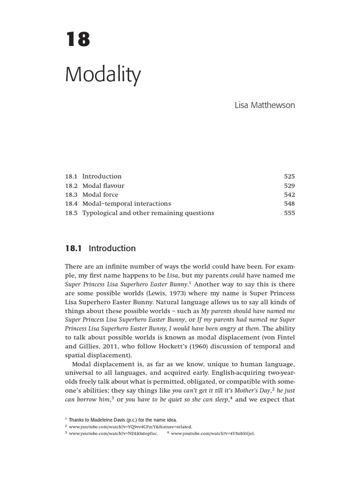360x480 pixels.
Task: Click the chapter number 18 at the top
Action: click(77, 40)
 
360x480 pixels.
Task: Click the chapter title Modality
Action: click(103, 75)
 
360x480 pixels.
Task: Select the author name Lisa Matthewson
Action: click(265, 105)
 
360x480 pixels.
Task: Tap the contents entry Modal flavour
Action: click(103, 186)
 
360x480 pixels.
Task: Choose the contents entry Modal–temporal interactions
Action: click(127, 203)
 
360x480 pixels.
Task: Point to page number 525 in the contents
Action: click(289, 177)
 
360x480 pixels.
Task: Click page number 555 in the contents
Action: click(289, 213)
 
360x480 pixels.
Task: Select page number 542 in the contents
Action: click(289, 195)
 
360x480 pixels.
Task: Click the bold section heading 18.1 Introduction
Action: click(100, 248)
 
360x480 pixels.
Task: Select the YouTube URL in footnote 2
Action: click(131, 427)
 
